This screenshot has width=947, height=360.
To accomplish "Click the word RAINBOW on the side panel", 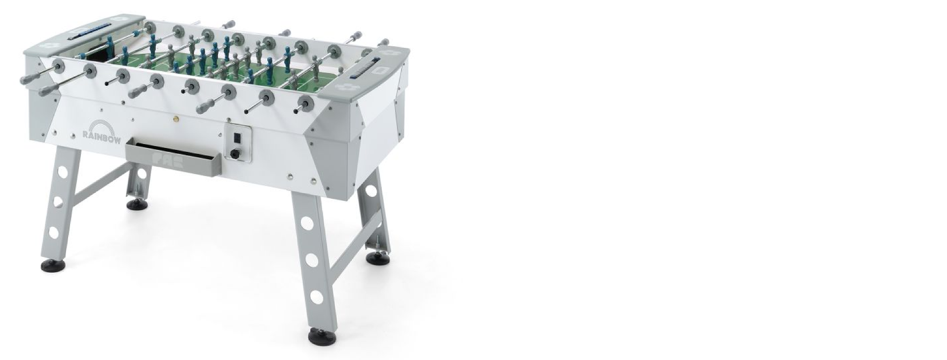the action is [x=102, y=135].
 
